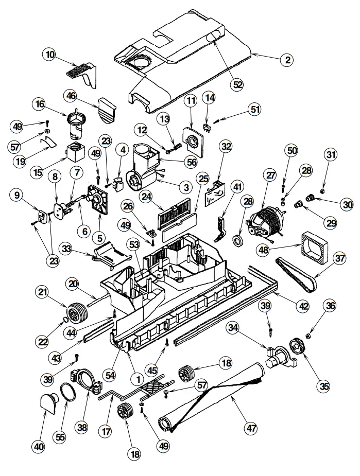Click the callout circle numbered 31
click(331, 154)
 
